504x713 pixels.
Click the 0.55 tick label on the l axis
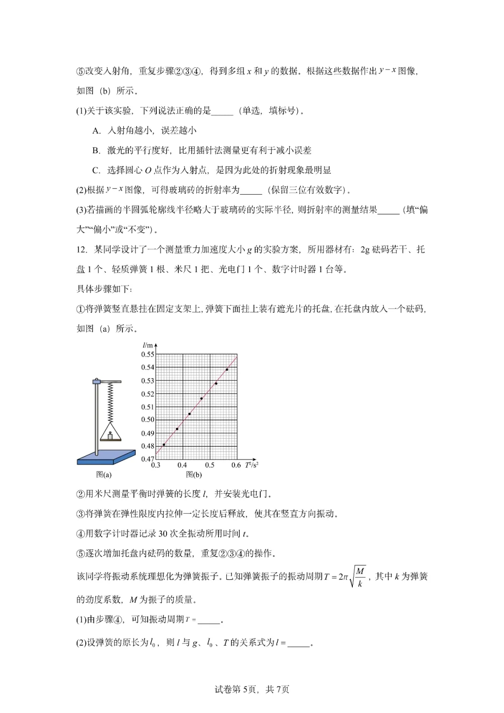pyautogui.click(x=147, y=354)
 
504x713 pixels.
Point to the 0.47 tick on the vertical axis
pyautogui.click(x=147, y=459)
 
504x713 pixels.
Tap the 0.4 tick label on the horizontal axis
pyautogui.click(x=182, y=465)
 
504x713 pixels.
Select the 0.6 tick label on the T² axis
pyautogui.click(x=236, y=465)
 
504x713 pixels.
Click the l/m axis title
pyautogui.click(x=147, y=345)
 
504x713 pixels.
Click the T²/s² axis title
pyautogui.click(x=252, y=465)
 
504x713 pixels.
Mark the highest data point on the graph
pyautogui.click(x=227, y=369)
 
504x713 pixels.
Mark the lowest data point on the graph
pyautogui.click(x=164, y=445)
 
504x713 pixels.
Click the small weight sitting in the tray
pyautogui.click(x=110, y=436)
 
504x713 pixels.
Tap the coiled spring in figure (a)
pyautogui.click(x=111, y=402)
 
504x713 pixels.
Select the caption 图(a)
pyautogui.click(x=104, y=475)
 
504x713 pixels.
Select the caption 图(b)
pyautogui.click(x=194, y=475)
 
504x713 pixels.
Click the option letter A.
pyautogui.click(x=96, y=131)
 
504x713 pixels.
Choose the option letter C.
pyautogui.click(x=96, y=170)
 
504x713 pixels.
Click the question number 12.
pyautogui.click(x=82, y=249)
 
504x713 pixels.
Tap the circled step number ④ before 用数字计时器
pyautogui.click(x=80, y=534)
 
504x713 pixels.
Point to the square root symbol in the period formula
pyautogui.click(x=353, y=577)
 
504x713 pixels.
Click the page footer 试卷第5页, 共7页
pyautogui.click(x=252, y=689)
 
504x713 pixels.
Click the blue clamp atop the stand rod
pyautogui.click(x=97, y=381)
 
